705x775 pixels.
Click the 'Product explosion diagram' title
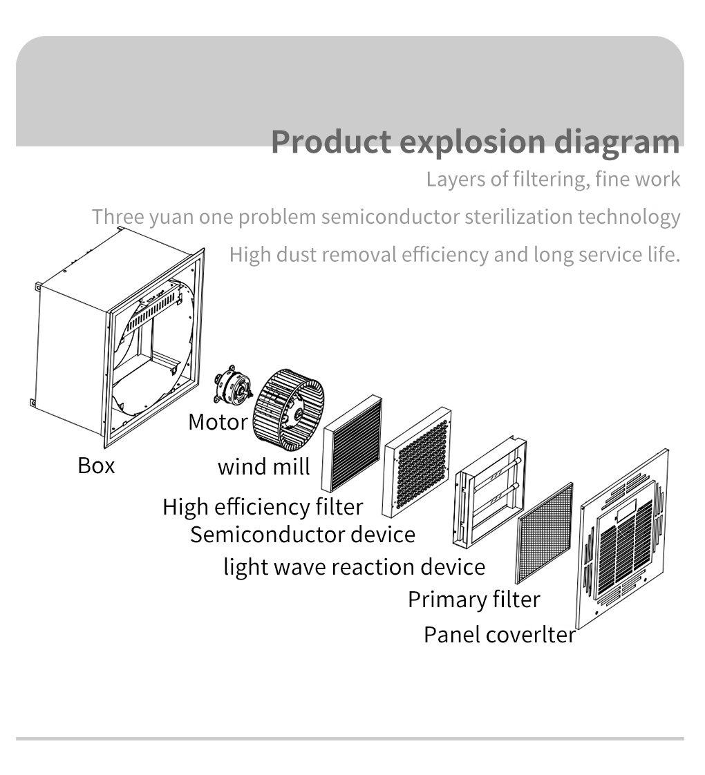475,141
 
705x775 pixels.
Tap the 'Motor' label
217,421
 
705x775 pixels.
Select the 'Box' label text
96,466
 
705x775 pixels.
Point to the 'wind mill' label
263,467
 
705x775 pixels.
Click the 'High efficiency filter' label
263,507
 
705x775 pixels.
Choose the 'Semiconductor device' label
303,535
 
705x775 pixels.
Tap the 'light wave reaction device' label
354,567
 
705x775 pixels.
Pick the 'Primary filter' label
473,600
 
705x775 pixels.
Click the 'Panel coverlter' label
499,634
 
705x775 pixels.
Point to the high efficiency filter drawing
352,443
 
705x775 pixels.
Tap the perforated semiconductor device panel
417,461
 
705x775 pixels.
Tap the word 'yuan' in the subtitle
171,217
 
